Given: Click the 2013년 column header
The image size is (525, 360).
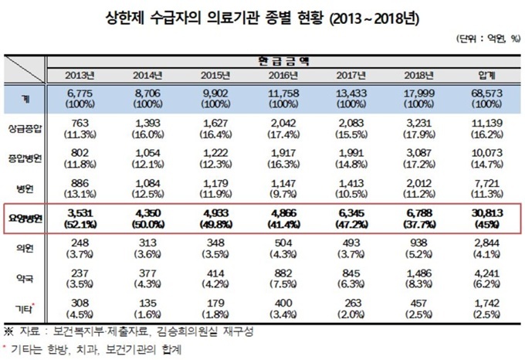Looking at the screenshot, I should click(80, 74).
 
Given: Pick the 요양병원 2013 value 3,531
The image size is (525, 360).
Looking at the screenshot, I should click(80, 212).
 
